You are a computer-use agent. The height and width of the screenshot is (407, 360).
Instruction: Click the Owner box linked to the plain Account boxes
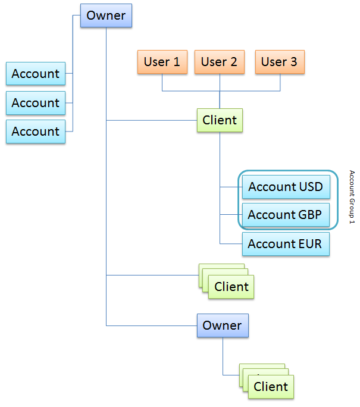(x=106, y=15)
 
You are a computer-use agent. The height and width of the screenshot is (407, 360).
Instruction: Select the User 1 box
(x=162, y=62)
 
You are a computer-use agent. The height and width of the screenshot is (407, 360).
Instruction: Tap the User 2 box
(x=219, y=62)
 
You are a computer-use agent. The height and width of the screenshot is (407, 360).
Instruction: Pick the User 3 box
(x=280, y=62)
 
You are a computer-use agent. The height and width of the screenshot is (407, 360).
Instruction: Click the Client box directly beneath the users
(x=220, y=120)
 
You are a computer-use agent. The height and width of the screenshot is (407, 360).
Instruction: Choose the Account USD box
(x=286, y=187)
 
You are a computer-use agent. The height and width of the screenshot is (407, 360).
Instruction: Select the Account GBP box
(x=286, y=215)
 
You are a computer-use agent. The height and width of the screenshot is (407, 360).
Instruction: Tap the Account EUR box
(x=286, y=244)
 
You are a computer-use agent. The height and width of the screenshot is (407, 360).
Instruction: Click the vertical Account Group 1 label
(x=352, y=197)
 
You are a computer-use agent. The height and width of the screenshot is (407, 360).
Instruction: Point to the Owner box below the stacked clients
(x=223, y=325)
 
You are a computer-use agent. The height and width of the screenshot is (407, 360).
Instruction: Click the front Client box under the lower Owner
(x=271, y=387)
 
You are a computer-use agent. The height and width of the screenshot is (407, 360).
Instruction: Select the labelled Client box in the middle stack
(x=231, y=287)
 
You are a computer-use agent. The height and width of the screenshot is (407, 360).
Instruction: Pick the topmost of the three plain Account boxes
(x=36, y=74)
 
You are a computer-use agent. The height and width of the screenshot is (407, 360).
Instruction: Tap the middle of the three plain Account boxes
(x=36, y=103)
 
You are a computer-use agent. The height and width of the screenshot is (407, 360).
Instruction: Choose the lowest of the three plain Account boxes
(x=36, y=132)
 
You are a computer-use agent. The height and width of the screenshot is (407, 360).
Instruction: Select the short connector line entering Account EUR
(x=231, y=243)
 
